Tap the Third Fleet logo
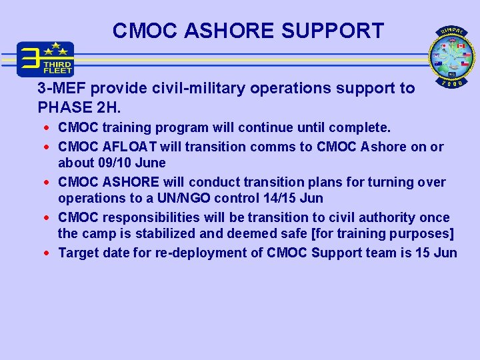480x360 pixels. [45, 59]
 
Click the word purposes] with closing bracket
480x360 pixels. [424, 233]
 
